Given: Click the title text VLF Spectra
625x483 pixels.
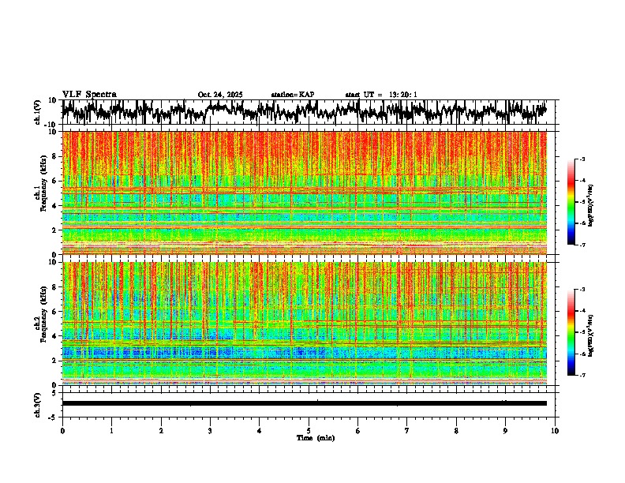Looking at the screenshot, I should point(89,95).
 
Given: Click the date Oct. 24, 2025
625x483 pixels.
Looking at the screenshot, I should point(220,95).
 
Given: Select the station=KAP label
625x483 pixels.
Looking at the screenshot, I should point(293,95).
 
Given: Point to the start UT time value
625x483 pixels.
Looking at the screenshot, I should point(404,95).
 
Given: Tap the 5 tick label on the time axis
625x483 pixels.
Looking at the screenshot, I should point(309,430).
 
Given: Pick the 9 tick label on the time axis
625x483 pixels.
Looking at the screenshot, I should point(506,430).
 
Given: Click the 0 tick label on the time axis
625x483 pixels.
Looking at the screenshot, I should point(62,430).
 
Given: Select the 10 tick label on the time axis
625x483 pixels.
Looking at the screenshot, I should point(555,430).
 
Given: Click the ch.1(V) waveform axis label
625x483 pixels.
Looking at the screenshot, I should point(38,112).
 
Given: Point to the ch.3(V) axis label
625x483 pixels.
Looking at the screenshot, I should point(38,402).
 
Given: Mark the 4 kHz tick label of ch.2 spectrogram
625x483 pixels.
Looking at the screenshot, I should point(55,336).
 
